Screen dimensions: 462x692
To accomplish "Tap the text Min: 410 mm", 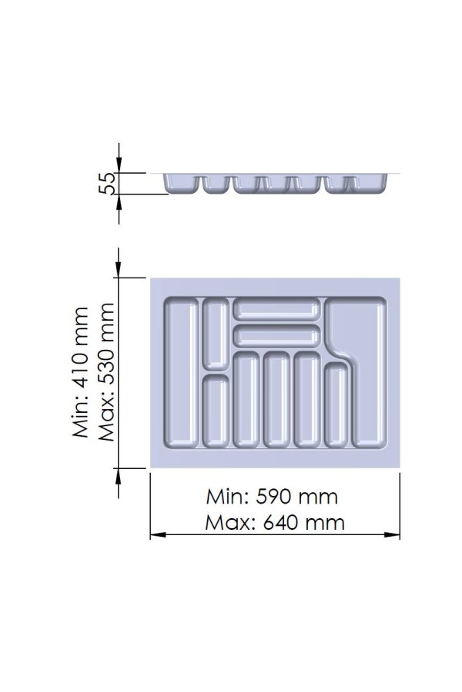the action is [x=82, y=372].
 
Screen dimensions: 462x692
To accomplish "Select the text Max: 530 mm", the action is [x=106, y=372].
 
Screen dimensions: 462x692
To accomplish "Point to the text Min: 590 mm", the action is [x=272, y=497].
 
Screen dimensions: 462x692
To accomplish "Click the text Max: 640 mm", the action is [x=275, y=523].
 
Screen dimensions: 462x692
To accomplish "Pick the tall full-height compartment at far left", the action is [x=181, y=374].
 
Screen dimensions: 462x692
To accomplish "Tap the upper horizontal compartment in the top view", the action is [x=276, y=309].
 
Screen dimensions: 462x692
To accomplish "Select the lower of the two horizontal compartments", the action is [x=276, y=335].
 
